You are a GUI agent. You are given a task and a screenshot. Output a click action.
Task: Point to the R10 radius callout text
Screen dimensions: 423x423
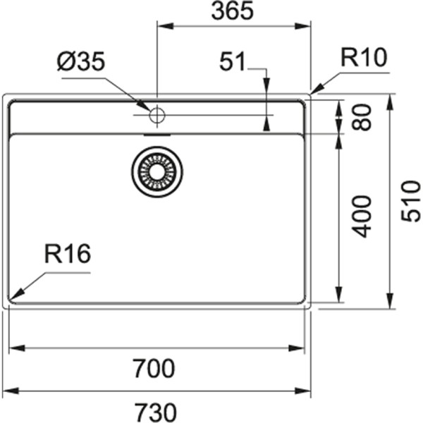point(364,58)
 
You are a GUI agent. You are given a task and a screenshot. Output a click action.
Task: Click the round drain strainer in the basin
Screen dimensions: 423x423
point(157,170)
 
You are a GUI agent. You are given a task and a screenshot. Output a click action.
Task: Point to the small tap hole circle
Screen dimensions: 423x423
point(157,114)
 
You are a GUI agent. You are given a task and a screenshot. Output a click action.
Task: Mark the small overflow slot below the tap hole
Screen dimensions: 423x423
point(157,132)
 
